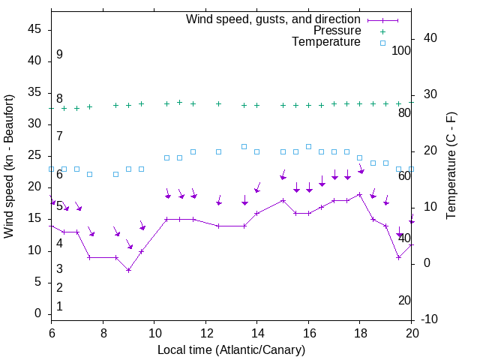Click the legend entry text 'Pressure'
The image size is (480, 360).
tap(337, 31)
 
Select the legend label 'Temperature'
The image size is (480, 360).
tap(326, 42)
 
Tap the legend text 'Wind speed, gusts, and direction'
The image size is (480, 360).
tap(274, 19)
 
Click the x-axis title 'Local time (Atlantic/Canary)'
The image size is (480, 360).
tap(231, 350)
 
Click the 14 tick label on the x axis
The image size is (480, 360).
tap(256, 333)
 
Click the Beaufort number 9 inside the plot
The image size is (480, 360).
tap(59, 55)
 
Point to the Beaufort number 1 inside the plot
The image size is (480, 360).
tap(59, 307)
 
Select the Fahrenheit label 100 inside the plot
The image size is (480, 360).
tap(401, 50)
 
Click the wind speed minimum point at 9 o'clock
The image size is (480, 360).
tap(128, 270)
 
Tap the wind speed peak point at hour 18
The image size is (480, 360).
tap(359, 194)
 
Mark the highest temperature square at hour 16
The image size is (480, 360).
tap(308, 146)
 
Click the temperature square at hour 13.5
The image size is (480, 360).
tap(244, 146)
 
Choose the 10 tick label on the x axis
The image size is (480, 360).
tap(154, 333)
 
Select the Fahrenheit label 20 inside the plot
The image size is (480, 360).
tap(404, 300)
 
